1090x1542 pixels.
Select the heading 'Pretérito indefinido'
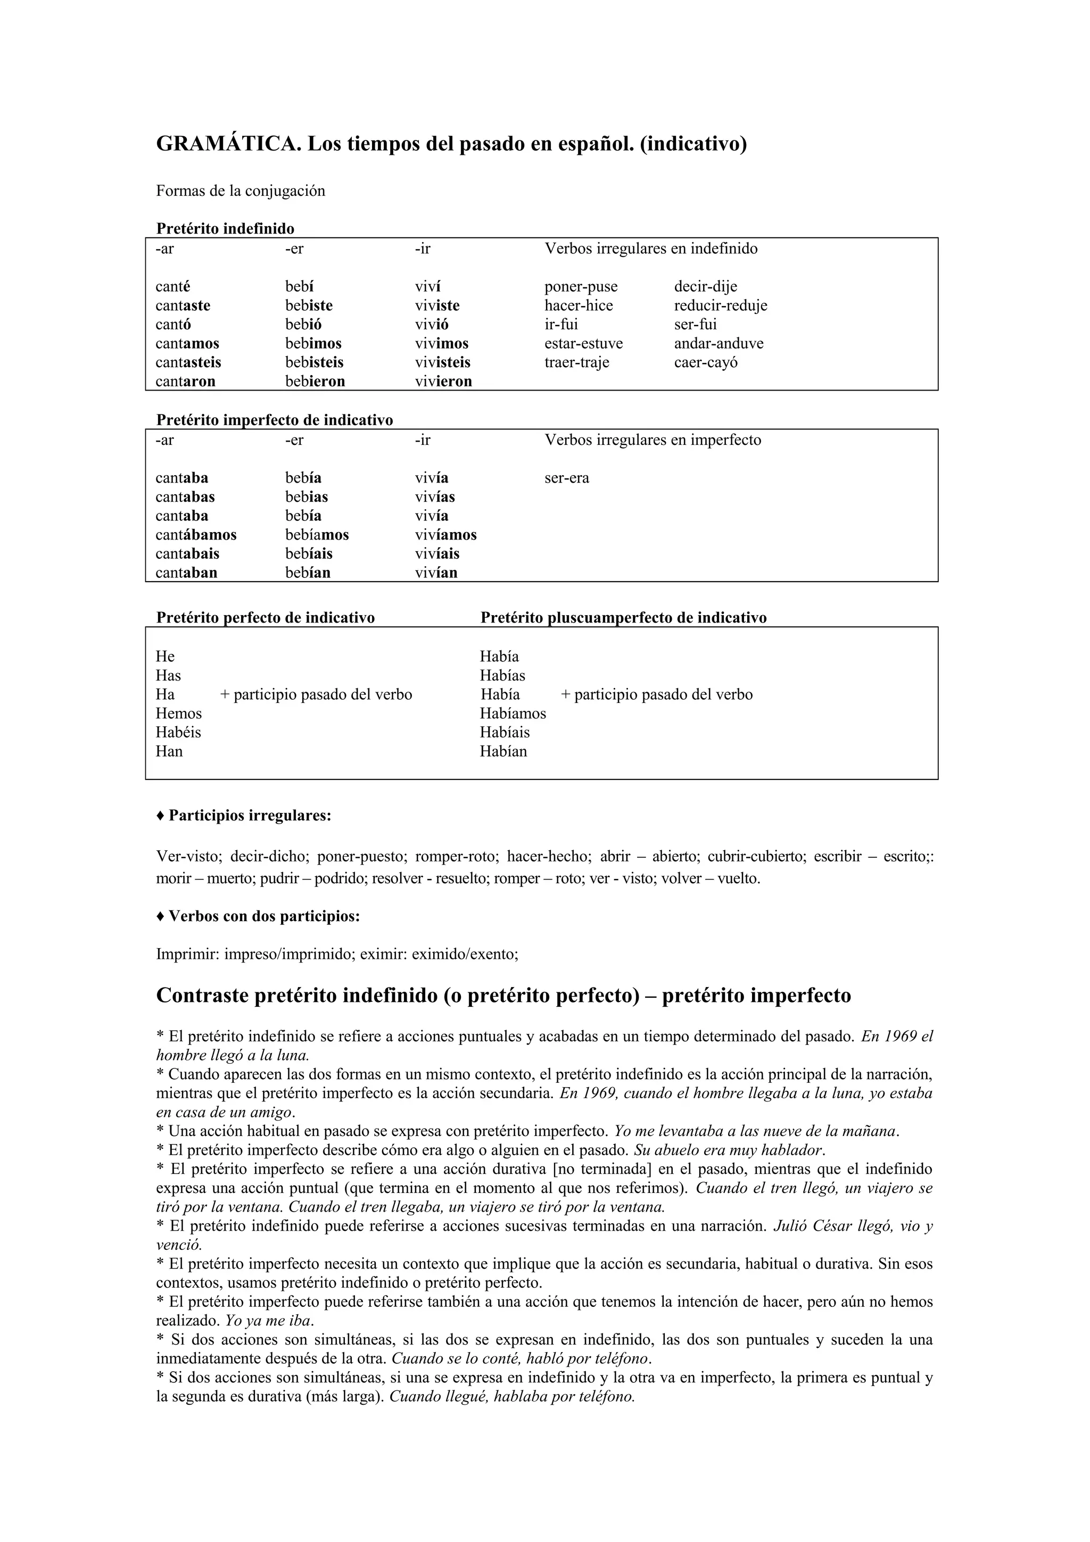[x=225, y=228]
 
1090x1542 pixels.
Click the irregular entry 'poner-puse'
[x=581, y=287]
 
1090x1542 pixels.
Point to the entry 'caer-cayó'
[x=706, y=363]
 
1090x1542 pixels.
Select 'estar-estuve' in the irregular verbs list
[x=584, y=344]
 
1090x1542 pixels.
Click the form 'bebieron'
[x=315, y=382]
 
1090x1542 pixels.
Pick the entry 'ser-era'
[x=567, y=478]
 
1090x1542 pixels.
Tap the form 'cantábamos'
[x=196, y=535]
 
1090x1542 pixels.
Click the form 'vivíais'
[x=437, y=554]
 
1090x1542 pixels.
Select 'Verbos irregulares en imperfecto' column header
[x=653, y=441]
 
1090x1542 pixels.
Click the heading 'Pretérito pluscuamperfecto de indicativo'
[x=623, y=618]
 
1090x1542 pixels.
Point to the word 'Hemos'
[x=179, y=714]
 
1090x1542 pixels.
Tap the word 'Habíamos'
[x=513, y=714]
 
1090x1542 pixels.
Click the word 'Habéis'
[x=179, y=733]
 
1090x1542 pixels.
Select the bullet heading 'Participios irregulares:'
[x=250, y=816]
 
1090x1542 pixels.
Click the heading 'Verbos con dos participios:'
[x=264, y=917]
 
